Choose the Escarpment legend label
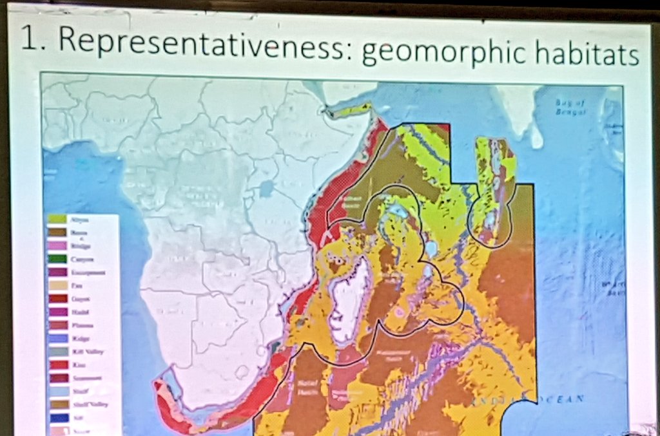click(91, 272)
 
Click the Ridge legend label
click(82, 339)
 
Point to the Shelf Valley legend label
click(90, 404)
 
